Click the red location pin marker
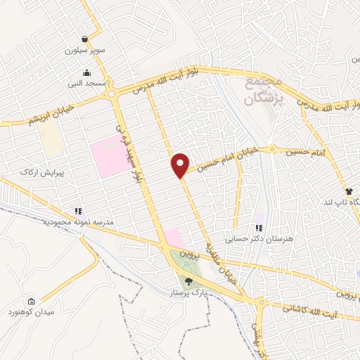click(x=181, y=165)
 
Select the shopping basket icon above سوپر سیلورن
click(x=85, y=39)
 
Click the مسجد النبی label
click(x=86, y=84)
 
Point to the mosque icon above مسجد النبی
click(x=86, y=72)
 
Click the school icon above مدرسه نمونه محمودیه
click(x=78, y=210)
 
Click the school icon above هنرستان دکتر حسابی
click(x=259, y=228)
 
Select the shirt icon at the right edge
click(x=349, y=191)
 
